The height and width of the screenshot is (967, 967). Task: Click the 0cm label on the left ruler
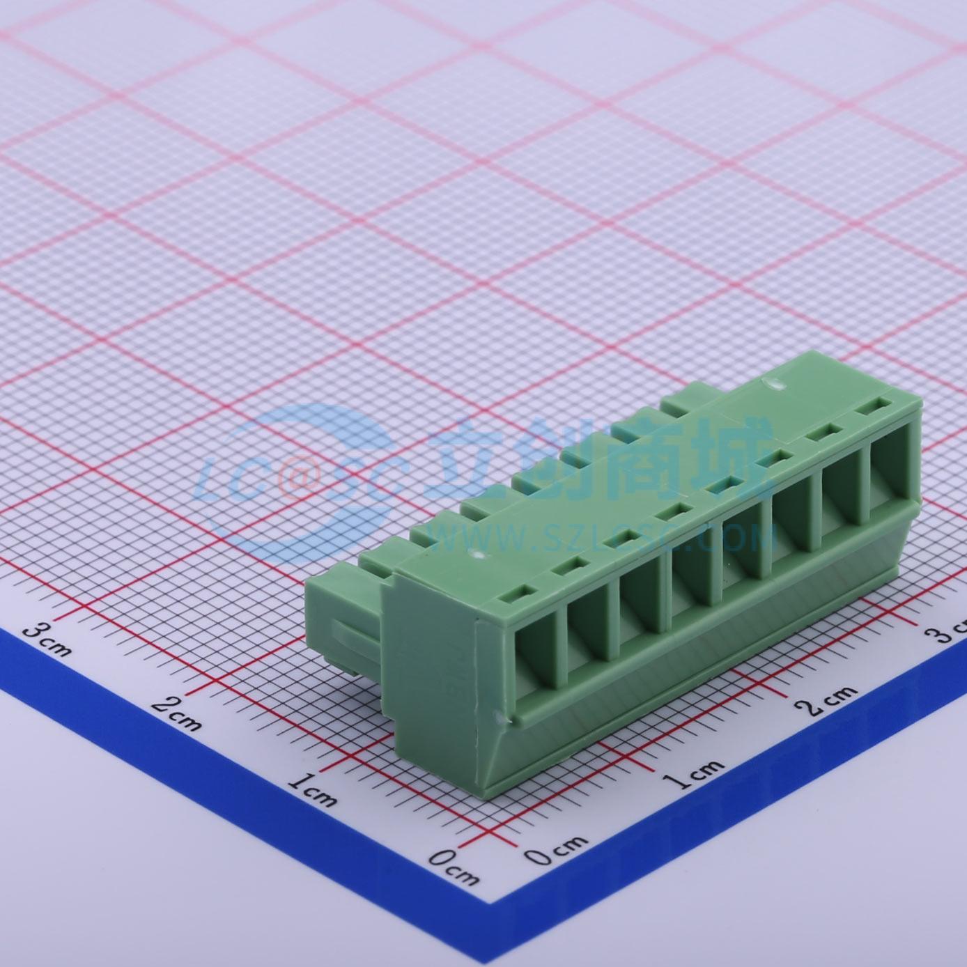(453, 866)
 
